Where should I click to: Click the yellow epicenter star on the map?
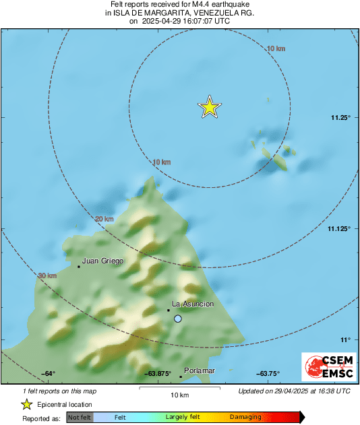210,107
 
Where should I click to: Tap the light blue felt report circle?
178,319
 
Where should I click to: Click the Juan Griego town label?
102,261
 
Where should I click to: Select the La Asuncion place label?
193,304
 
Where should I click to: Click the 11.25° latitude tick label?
341,118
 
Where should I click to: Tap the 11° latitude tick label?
344,339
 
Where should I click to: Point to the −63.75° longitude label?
268,374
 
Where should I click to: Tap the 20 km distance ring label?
104,220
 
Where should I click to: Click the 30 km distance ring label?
47,275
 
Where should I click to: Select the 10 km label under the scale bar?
179,394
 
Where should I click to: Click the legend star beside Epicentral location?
27,404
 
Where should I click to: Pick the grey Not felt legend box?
80,417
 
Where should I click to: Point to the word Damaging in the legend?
245,417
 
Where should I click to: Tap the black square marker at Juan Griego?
79,267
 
